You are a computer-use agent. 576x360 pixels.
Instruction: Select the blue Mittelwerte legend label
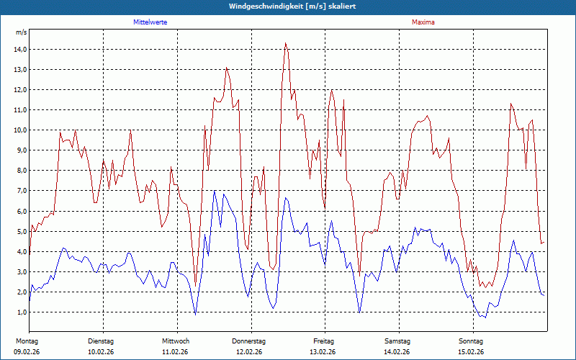pyautogui.click(x=150, y=22)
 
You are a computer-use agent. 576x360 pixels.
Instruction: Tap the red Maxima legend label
pyautogui.click(x=423, y=22)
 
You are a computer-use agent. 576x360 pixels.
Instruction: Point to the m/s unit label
pyautogui.click(x=21, y=33)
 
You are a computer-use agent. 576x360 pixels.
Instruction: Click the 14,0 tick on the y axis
pyautogui.click(x=20, y=50)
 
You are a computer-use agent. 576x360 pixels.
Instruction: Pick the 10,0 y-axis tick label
pyautogui.click(x=20, y=130)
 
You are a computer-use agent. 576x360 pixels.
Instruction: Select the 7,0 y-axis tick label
pyautogui.click(x=20, y=191)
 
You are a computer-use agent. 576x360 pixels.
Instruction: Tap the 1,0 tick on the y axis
pyautogui.click(x=20, y=312)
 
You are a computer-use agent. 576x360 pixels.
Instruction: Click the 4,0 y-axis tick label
pyautogui.click(x=20, y=252)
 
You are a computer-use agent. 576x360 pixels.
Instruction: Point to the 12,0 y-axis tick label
pyautogui.click(x=20, y=90)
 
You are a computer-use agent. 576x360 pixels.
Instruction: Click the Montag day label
pyautogui.click(x=27, y=341)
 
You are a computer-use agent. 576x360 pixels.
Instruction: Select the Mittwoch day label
pyautogui.click(x=176, y=341)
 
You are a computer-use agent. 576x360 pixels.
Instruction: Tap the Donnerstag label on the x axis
pyautogui.click(x=249, y=341)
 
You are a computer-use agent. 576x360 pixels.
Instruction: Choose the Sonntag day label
pyautogui.click(x=471, y=341)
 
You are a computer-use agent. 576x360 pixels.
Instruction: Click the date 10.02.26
pyautogui.click(x=101, y=352)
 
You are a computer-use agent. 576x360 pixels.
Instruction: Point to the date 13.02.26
pyautogui.click(x=323, y=352)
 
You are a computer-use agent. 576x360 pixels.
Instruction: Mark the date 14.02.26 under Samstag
pyautogui.click(x=397, y=352)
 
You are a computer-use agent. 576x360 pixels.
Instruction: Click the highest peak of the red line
pyautogui.click(x=286, y=43)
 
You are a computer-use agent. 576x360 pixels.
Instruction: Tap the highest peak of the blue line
pyautogui.click(x=214, y=192)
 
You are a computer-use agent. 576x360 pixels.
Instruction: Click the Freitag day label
pyautogui.click(x=323, y=341)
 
